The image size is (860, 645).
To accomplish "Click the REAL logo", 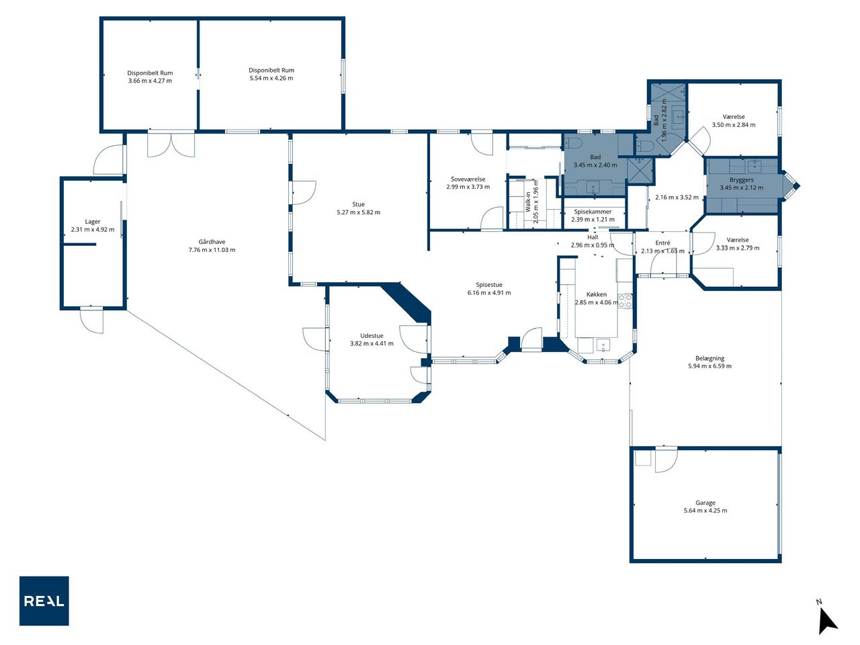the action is (x=44, y=601).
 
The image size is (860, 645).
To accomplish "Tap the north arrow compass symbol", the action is (x=827, y=620).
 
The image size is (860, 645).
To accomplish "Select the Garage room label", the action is (x=705, y=503).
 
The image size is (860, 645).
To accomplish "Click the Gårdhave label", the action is (x=212, y=242).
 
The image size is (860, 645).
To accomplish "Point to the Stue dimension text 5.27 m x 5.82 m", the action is (x=358, y=212).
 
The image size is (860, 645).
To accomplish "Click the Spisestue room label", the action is (x=489, y=285).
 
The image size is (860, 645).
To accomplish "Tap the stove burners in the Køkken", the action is (x=625, y=301).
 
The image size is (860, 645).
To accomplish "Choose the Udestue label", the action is (x=372, y=336).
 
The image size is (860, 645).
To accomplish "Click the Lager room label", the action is (x=93, y=222).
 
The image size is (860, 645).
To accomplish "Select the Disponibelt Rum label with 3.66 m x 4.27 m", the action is (x=150, y=73).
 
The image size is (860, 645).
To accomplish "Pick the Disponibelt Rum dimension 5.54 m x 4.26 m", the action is (x=271, y=78).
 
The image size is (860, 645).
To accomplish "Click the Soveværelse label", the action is (x=468, y=179).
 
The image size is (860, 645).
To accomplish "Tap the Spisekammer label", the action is (x=593, y=212).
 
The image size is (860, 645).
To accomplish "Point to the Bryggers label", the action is (x=741, y=180).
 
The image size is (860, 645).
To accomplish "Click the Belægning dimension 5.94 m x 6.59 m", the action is (x=709, y=365).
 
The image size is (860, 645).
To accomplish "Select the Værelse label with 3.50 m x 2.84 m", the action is (x=734, y=117).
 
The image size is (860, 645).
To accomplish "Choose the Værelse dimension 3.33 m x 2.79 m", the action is (x=737, y=247).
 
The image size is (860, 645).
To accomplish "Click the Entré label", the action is (x=662, y=243).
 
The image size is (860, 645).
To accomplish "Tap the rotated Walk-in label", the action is (x=527, y=202).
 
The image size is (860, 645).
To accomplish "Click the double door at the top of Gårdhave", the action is (x=171, y=145).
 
